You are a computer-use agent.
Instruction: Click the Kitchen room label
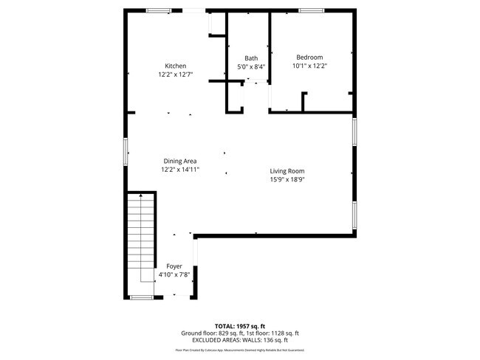(175, 66)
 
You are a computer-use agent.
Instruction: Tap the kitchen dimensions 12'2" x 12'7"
(175, 75)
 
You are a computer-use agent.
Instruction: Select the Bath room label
(251, 58)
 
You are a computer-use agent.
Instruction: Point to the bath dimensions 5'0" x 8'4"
(251, 67)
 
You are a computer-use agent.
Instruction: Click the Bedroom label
(309, 57)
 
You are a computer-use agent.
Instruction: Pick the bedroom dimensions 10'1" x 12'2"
(309, 66)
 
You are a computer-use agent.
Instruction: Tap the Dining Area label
(179, 161)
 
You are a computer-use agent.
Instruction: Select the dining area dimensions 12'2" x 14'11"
(179, 170)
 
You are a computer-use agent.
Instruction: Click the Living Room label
(287, 170)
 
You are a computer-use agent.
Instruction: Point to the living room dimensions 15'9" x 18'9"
(287, 179)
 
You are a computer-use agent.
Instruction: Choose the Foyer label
(174, 266)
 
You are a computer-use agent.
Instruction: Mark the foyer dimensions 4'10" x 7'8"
(174, 274)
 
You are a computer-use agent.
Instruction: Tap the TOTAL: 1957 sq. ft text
(241, 325)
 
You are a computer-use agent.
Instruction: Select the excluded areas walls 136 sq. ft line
(241, 340)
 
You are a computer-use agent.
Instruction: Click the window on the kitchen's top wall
(158, 10)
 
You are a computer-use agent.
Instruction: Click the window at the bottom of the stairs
(141, 297)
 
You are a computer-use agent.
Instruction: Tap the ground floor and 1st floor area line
(241, 333)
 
